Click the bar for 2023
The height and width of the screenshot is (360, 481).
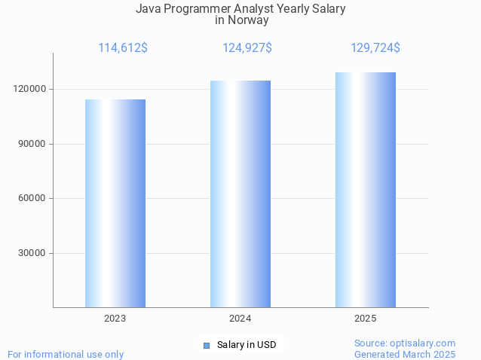[x=115, y=203]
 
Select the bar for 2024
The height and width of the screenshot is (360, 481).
[x=240, y=194]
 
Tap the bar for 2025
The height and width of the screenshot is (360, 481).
[x=366, y=190]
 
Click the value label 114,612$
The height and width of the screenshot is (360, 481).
[x=123, y=48]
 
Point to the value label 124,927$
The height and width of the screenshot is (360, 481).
[x=247, y=48]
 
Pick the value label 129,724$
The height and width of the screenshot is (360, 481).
[x=375, y=48]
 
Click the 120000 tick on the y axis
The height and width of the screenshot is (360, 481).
[x=31, y=89]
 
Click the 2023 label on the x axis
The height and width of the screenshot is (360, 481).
[x=115, y=319]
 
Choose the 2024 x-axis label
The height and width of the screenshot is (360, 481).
[x=240, y=319]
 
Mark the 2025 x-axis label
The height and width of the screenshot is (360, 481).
[x=366, y=319]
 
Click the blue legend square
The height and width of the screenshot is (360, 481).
[x=206, y=345]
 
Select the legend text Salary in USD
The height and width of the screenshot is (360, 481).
[x=247, y=345]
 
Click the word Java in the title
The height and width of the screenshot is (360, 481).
[x=149, y=9]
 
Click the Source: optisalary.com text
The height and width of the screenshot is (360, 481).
[x=405, y=343]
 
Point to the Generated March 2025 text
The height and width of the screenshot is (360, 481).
[x=405, y=354]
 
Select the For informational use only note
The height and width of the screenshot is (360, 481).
[x=66, y=354]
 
